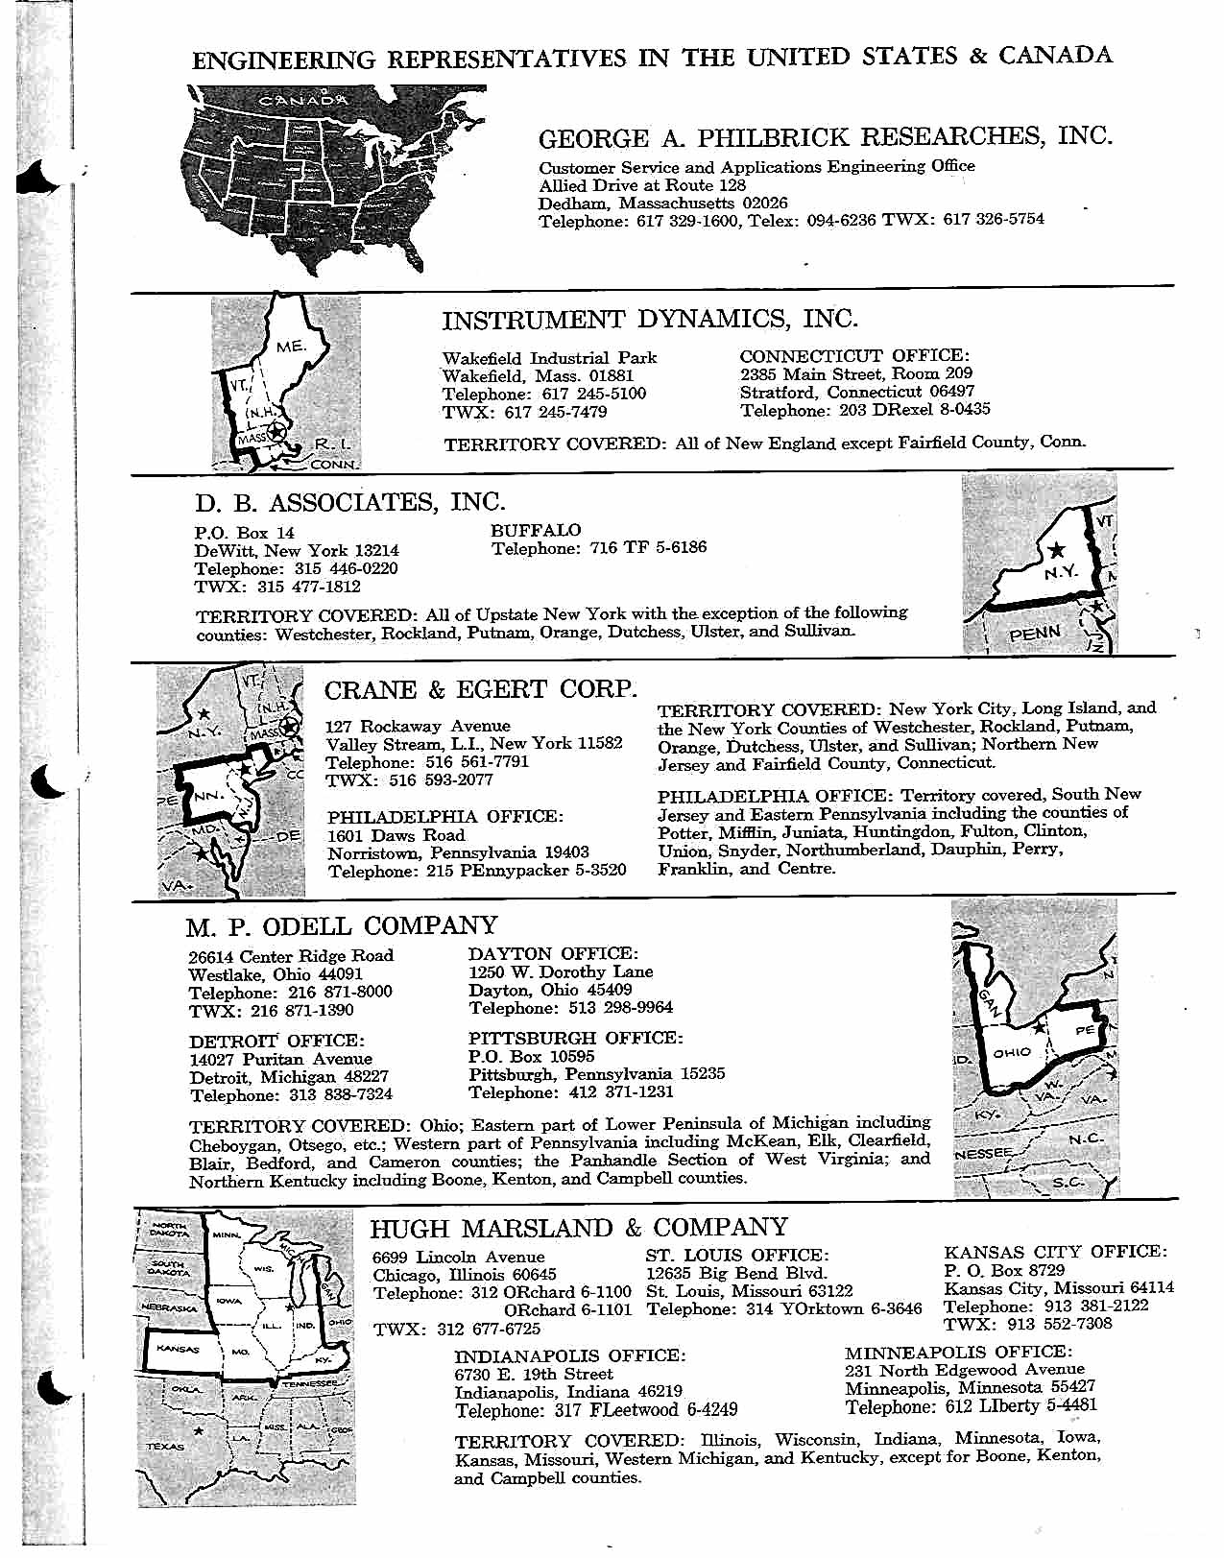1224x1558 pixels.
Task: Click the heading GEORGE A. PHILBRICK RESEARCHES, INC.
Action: point(826,137)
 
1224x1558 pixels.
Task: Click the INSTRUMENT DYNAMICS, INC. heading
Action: point(650,320)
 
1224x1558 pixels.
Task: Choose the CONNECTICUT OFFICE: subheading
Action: point(854,356)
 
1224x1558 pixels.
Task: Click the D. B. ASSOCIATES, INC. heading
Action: point(349,502)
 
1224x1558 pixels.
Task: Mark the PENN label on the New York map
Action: point(1036,633)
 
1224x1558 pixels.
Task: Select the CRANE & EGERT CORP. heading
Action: point(481,689)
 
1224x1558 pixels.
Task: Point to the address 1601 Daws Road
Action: point(396,834)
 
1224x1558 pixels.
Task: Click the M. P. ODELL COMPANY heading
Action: point(343,926)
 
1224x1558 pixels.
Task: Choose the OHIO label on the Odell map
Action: point(1012,1052)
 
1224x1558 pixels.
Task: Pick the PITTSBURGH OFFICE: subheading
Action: point(575,1038)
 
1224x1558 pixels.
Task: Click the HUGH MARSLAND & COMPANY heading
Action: point(579,1228)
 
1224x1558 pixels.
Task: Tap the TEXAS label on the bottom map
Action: point(165,1446)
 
